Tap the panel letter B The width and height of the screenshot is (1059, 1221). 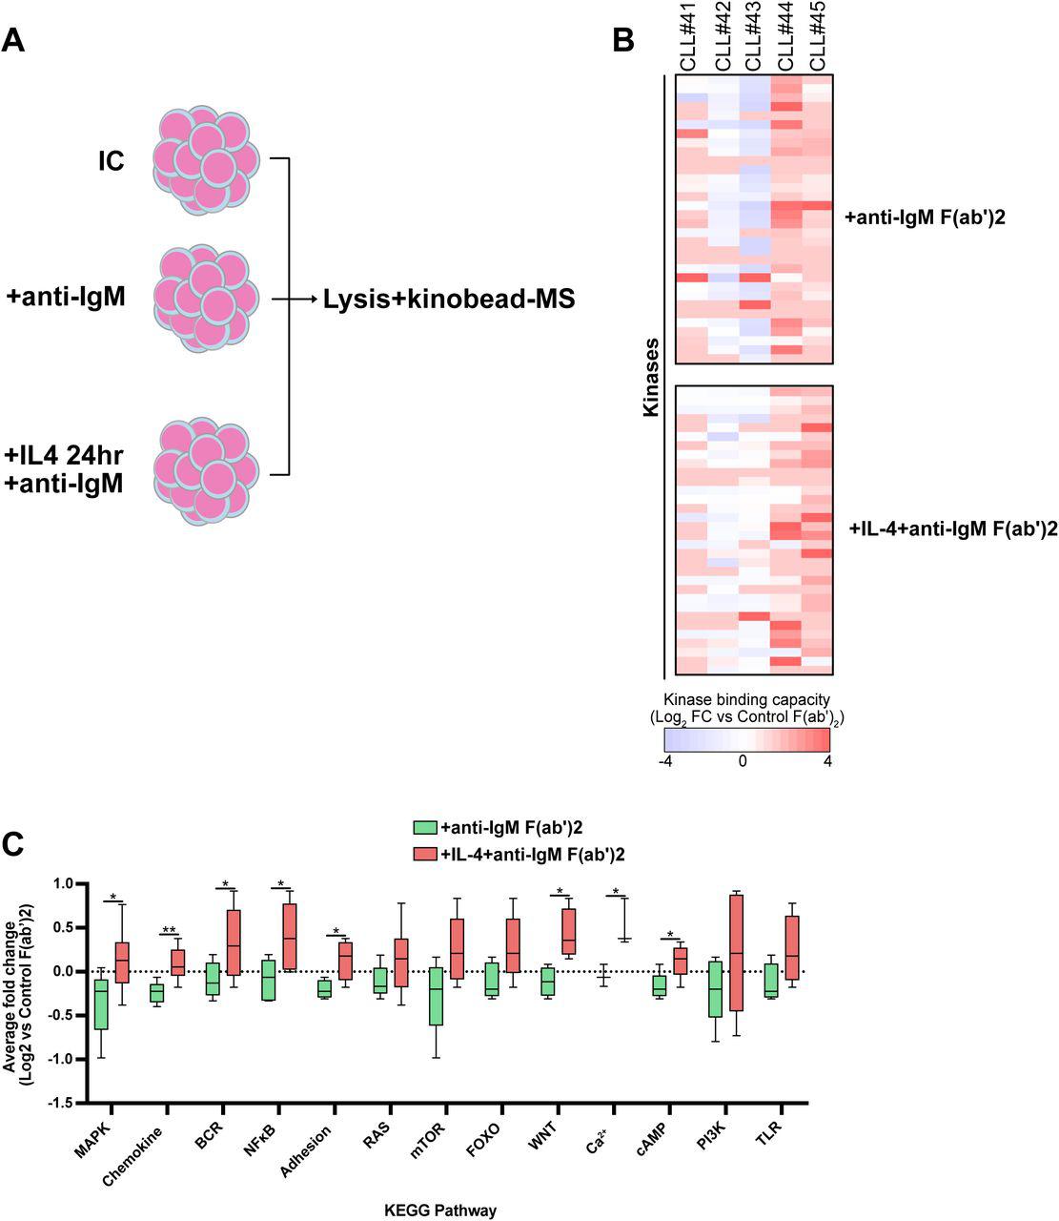[x=622, y=40]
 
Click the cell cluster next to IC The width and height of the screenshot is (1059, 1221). [x=205, y=162]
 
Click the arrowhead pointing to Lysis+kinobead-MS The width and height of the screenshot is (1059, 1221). [x=312, y=300]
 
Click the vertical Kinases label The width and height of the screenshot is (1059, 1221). [x=651, y=376]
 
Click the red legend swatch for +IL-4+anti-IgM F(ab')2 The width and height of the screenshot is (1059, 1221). [x=424, y=851]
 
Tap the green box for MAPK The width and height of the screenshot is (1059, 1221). [x=101, y=1004]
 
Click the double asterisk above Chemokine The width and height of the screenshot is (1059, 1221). [x=169, y=930]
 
